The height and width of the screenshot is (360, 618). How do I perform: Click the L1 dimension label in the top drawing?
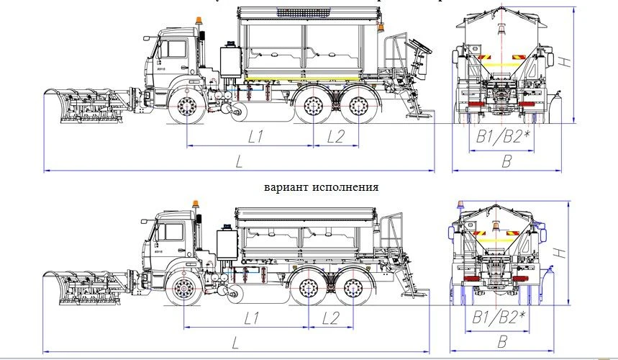(x=255, y=136)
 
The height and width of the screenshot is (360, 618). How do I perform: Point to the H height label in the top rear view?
(x=565, y=63)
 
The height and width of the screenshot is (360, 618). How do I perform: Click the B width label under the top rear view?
(x=506, y=162)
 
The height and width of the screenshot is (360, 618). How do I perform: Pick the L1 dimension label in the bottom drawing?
(x=252, y=318)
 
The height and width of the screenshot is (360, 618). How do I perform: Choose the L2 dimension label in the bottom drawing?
(x=332, y=318)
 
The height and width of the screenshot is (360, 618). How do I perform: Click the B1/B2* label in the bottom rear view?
(x=499, y=318)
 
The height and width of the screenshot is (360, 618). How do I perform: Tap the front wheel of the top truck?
(x=188, y=109)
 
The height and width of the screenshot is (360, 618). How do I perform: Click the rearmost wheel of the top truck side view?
(x=359, y=107)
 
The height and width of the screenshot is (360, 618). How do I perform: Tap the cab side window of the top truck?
(x=173, y=50)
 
